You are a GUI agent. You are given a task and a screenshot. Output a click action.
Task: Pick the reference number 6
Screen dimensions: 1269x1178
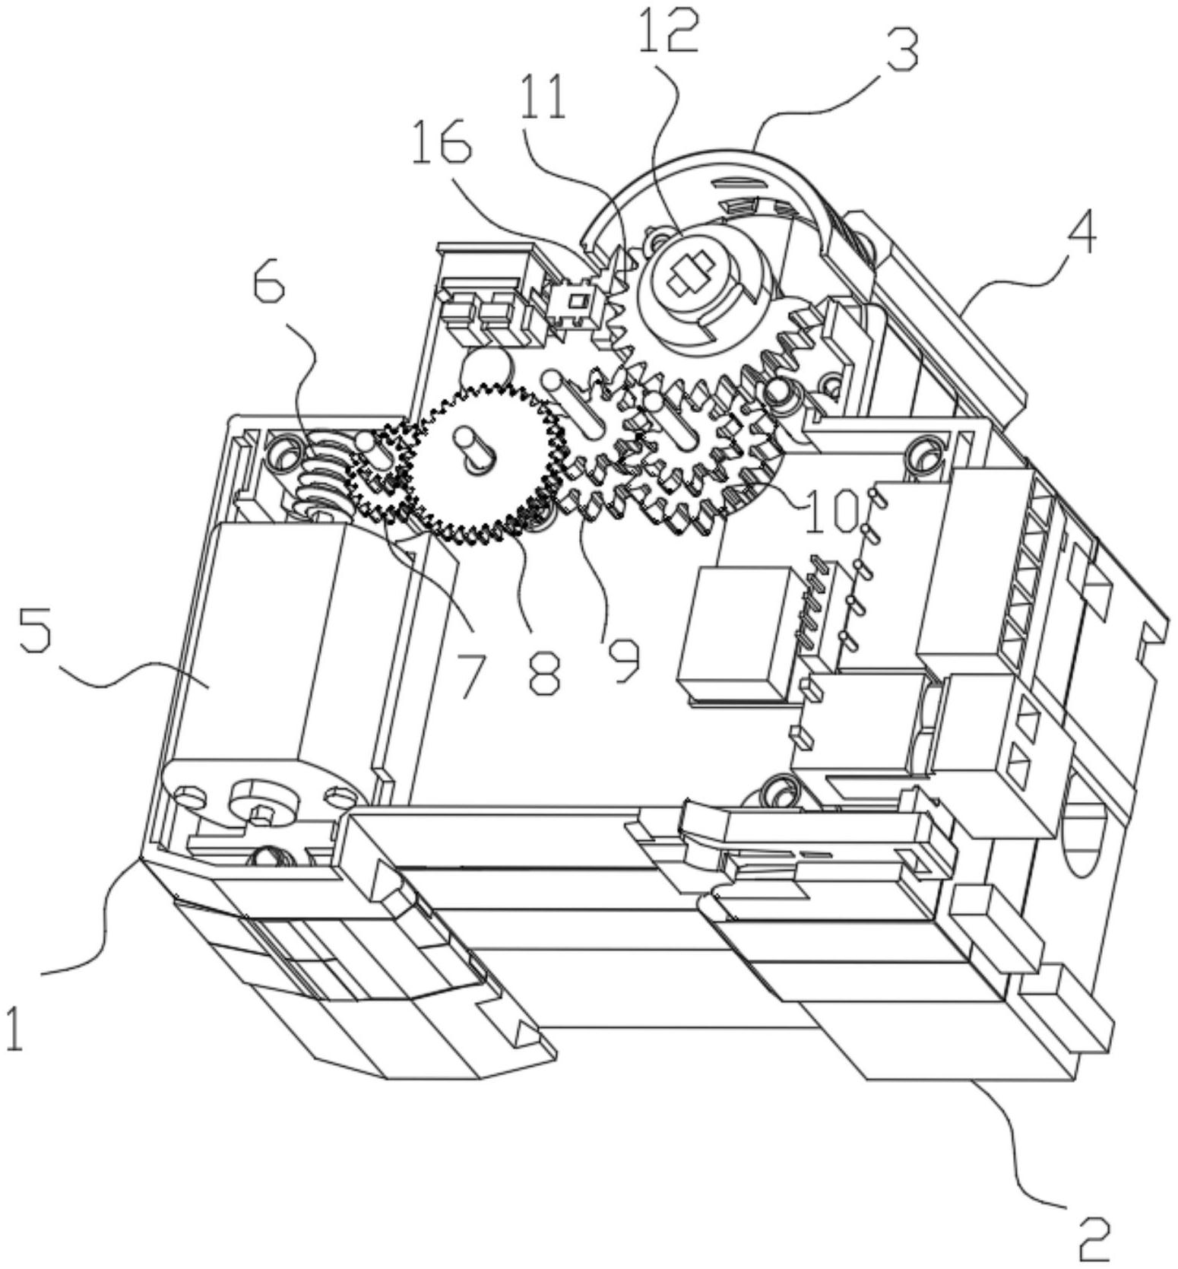[x=268, y=284]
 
